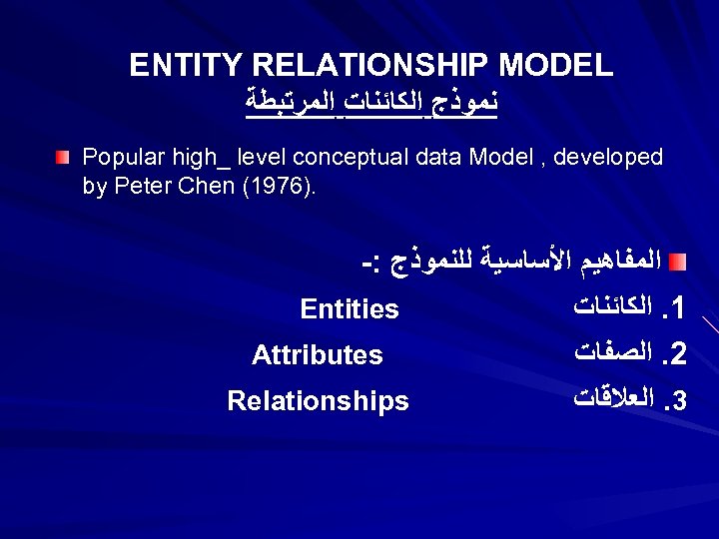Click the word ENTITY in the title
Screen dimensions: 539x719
pos(187,66)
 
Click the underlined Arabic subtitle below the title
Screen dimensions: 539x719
pos(371,103)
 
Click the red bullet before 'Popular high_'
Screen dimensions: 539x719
pos(64,158)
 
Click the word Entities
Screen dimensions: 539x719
pos(350,309)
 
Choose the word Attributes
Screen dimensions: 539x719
pos(318,355)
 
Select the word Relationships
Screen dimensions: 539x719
pos(318,401)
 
